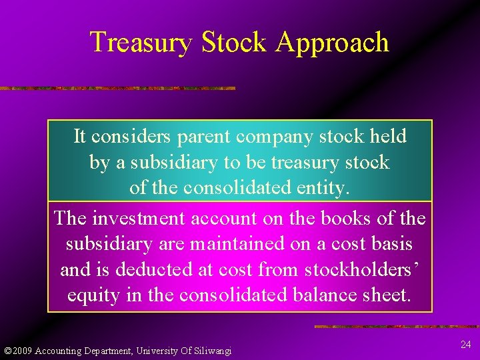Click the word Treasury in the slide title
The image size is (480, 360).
pyautogui.click(x=141, y=42)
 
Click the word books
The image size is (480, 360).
pyautogui.click(x=348, y=218)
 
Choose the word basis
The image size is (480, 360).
pyautogui.click(x=390, y=244)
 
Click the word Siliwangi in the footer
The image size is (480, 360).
pyautogui.click(x=211, y=351)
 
